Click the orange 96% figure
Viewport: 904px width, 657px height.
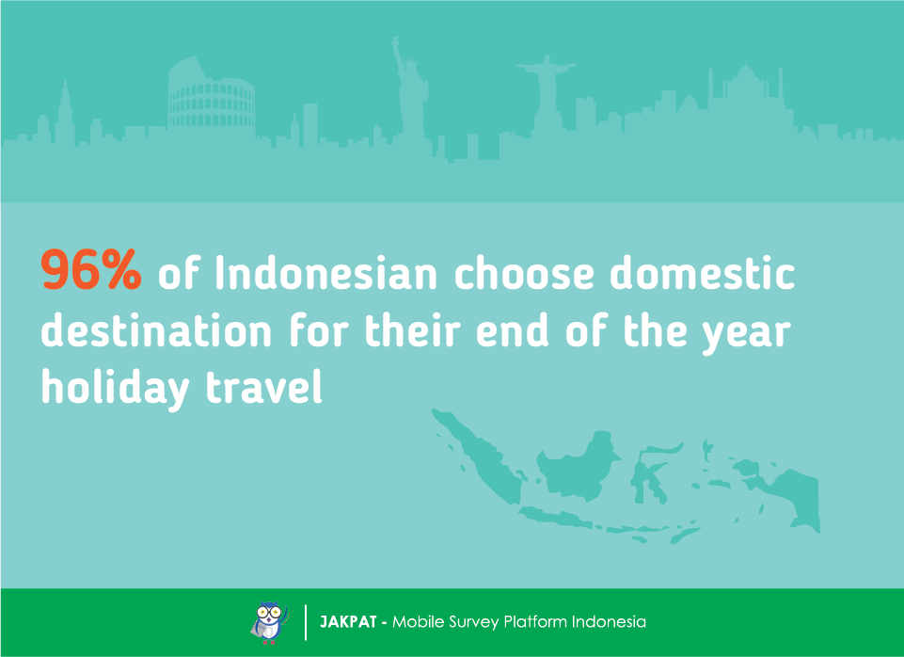click(x=91, y=269)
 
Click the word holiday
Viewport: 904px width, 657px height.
click(x=116, y=388)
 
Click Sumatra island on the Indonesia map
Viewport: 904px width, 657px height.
click(x=479, y=457)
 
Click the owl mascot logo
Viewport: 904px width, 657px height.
click(x=269, y=622)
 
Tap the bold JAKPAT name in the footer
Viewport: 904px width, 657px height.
click(x=348, y=622)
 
